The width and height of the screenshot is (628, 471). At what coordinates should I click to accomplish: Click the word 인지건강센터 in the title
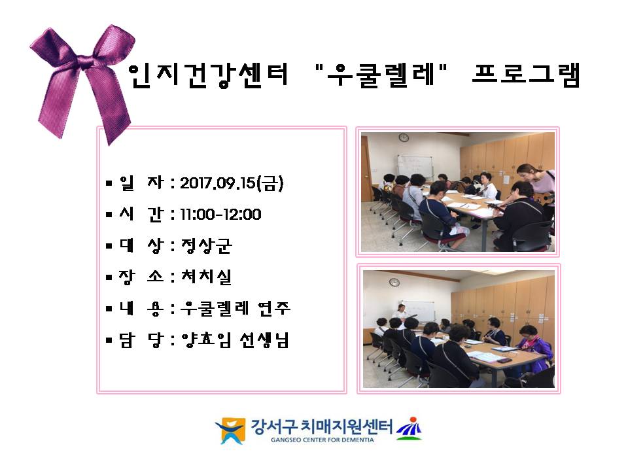pyautogui.click(x=208, y=75)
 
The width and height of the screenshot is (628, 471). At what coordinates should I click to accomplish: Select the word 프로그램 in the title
pyautogui.click(x=526, y=75)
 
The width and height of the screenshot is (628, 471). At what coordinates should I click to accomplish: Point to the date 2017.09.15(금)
pyautogui.click(x=232, y=183)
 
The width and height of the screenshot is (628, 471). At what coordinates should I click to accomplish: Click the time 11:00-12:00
pyautogui.click(x=220, y=215)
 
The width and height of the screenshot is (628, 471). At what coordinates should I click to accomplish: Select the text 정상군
pyautogui.click(x=206, y=245)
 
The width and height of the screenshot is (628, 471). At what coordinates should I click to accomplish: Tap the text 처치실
pyautogui.click(x=206, y=276)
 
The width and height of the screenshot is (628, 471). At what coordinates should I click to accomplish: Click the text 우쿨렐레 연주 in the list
pyautogui.click(x=235, y=308)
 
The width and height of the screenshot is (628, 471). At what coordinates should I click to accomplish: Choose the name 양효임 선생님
pyautogui.click(x=235, y=340)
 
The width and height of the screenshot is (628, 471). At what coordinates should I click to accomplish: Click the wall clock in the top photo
pyautogui.click(x=404, y=138)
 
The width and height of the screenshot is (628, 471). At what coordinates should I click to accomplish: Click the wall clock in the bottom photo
pyautogui.click(x=394, y=283)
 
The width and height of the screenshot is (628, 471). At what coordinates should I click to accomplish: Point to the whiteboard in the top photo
pyautogui.click(x=415, y=166)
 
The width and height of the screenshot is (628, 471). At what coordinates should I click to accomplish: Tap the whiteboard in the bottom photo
pyautogui.click(x=418, y=311)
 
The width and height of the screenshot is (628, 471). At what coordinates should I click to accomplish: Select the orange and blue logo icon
pyautogui.click(x=230, y=430)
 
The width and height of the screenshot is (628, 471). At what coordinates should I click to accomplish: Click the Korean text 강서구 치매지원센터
pyautogui.click(x=322, y=426)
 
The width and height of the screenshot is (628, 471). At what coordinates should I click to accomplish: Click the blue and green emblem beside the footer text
pyautogui.click(x=409, y=428)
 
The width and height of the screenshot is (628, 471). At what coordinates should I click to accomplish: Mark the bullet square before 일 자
pyautogui.click(x=109, y=183)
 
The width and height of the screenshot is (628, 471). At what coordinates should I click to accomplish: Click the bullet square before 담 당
pyautogui.click(x=109, y=340)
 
